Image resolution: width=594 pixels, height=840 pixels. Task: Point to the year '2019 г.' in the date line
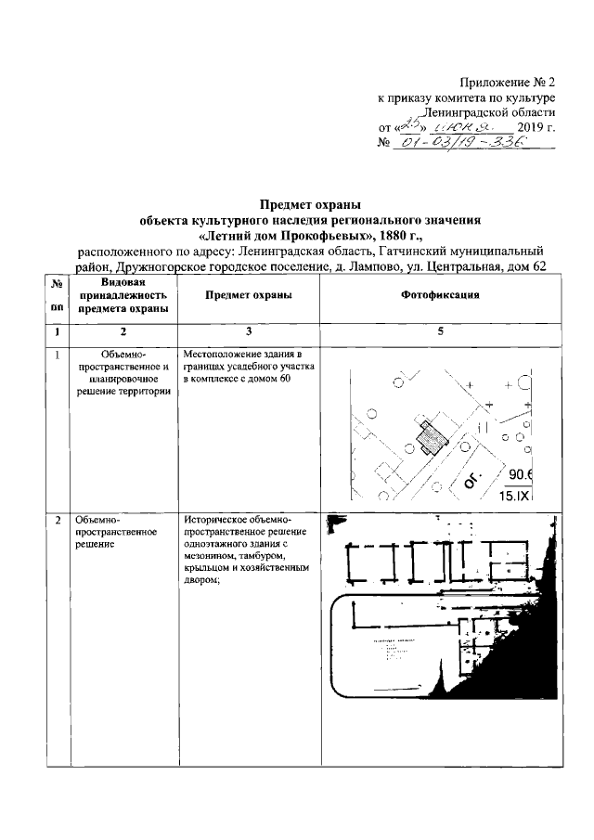click(x=536, y=127)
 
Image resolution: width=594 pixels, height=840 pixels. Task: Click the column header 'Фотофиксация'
click(x=439, y=294)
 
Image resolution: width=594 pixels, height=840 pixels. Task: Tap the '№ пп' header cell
click(x=58, y=294)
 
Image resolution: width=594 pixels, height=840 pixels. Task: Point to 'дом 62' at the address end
click(x=534, y=267)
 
